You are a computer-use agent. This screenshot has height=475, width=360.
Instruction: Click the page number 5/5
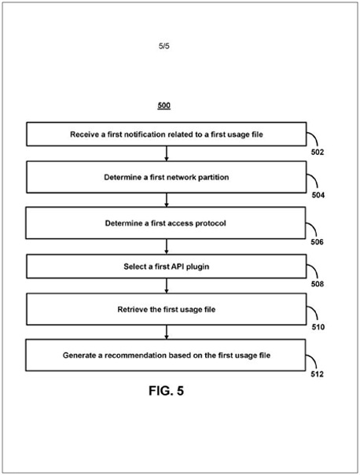[x=163, y=46]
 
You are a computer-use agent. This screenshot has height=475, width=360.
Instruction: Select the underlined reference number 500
[x=163, y=105]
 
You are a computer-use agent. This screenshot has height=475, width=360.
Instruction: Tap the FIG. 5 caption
[x=166, y=391]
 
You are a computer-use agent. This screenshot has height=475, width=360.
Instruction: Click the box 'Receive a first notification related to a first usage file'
[x=166, y=134]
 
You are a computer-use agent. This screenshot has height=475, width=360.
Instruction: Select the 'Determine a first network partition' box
[x=166, y=177]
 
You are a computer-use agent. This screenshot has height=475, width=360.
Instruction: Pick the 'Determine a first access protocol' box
[x=166, y=223]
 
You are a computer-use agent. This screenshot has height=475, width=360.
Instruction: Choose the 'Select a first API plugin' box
[x=166, y=267]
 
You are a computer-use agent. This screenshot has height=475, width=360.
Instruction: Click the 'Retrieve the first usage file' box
[x=166, y=309]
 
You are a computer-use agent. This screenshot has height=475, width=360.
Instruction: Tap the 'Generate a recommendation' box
[x=166, y=355]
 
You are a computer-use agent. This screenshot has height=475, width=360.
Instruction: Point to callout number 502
[x=318, y=152]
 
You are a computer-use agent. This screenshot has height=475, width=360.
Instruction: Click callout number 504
[x=318, y=195]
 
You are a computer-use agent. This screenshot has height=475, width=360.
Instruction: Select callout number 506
[x=317, y=241]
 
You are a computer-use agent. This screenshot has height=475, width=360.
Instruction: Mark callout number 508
[x=318, y=284]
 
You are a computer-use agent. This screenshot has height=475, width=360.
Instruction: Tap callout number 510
[x=318, y=327]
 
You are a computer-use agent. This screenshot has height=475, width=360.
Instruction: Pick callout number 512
[x=317, y=374]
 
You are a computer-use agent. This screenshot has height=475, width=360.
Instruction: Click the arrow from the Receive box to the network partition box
[x=166, y=153]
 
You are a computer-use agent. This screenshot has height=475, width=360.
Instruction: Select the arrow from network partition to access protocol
[x=166, y=200]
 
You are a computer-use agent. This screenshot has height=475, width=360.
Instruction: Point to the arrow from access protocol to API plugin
[x=166, y=247]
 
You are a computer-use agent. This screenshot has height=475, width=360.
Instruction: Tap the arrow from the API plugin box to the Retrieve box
[x=166, y=285]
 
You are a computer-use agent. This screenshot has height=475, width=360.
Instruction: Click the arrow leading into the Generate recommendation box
[x=166, y=332]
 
